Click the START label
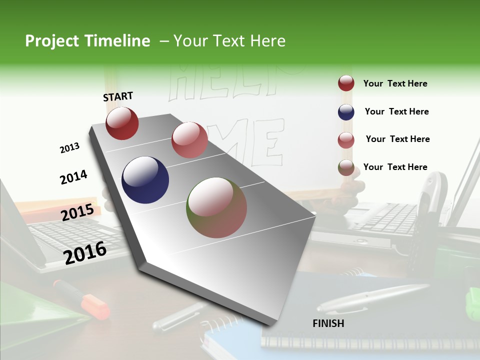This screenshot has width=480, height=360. pos(118,96)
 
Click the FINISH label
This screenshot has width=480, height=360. pos(328,323)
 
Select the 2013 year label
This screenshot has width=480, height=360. pos(69,148)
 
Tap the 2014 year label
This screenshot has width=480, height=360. pos(73,177)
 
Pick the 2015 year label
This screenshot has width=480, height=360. pos(77,212)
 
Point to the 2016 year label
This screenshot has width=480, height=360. pos(85,252)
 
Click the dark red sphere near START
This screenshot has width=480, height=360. pos(122,123)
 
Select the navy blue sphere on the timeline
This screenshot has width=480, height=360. pos(145,180)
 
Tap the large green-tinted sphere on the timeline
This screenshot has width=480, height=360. pos(216,207)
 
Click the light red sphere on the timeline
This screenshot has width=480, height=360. pos(189,140)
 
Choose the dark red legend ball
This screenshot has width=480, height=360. pos(346,83)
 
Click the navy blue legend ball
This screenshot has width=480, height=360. pos(346,112)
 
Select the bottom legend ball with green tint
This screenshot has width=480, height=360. pos(346,167)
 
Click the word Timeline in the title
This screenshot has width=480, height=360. pos(118,41)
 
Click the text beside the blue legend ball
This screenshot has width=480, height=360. pos(396,111)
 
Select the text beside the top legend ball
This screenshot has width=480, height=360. pos(395,83)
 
